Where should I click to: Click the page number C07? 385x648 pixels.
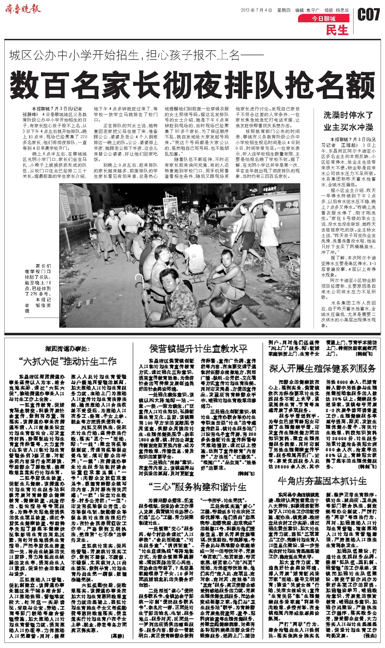(368, 14)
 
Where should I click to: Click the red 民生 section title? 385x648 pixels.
(337, 30)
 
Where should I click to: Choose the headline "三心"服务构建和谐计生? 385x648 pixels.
(197, 486)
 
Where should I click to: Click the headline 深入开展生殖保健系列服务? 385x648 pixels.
(323, 368)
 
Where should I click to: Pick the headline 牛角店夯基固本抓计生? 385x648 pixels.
(323, 480)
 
